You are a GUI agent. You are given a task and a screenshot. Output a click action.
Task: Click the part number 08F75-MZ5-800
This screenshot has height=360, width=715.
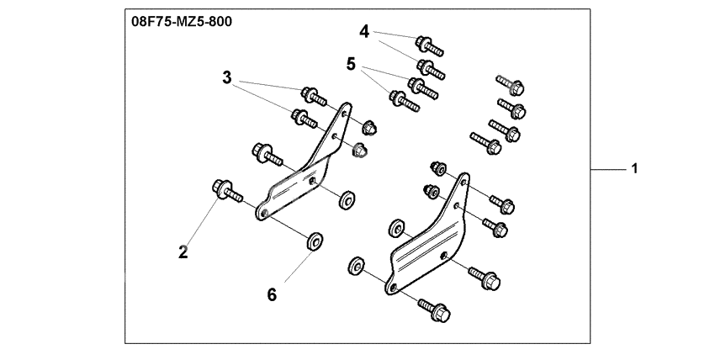pos(182,21)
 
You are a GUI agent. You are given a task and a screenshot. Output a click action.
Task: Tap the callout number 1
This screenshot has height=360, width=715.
pos(634,168)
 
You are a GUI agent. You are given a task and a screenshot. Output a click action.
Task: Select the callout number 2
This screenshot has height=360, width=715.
pos(183,252)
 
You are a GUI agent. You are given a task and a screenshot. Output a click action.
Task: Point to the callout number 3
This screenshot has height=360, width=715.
pos(226,78)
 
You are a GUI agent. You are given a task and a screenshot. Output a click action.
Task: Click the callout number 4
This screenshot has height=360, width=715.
pos(364,32)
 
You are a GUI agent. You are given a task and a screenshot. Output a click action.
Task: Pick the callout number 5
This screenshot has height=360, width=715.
pos(351,64)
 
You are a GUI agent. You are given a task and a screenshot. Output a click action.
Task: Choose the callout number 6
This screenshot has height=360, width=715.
pos(272,295)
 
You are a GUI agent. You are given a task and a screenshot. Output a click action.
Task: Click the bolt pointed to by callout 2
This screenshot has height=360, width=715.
pos(227,191)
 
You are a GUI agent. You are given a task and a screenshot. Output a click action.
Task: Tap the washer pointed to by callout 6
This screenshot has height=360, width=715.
pos(315,241)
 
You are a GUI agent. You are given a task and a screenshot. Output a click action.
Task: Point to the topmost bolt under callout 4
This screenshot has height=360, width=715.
pos(429,45)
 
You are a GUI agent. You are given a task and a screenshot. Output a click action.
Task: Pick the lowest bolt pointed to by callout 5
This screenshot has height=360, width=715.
pos(404,101)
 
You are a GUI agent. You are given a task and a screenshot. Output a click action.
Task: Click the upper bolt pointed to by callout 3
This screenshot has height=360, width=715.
pos(313,96)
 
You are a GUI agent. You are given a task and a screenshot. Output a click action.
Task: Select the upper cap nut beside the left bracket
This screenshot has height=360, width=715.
pos(369,127)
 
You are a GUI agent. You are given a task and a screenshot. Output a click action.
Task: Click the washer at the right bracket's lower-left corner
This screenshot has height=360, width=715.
pos(356,266)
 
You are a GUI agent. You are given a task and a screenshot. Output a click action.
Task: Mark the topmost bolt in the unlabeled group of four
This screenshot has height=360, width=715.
pos(510,85)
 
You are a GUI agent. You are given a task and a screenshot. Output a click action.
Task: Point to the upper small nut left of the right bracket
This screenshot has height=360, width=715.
pos(438,168)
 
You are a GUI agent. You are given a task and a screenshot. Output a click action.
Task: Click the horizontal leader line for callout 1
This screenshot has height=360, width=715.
pos(609,170)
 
